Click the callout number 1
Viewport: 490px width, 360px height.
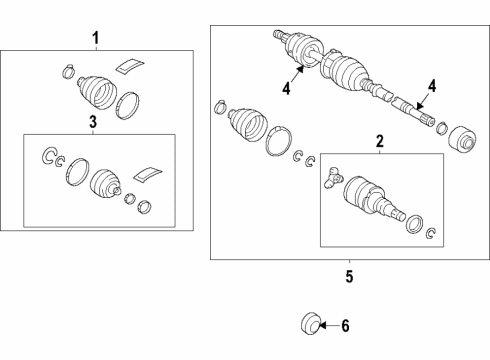click(96, 38)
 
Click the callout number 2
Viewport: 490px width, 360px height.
click(380, 141)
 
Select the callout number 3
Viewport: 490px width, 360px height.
click(93, 122)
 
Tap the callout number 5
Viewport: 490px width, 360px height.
click(349, 276)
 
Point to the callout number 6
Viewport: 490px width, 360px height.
click(345, 326)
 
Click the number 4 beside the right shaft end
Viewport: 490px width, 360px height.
click(432, 86)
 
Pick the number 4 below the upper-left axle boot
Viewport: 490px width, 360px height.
click(286, 88)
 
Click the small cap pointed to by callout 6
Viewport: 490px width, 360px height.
click(310, 323)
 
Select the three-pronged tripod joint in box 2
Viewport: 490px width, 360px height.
click(333, 178)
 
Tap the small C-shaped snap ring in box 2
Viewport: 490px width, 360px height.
click(431, 233)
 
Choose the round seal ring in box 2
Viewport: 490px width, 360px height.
click(415, 224)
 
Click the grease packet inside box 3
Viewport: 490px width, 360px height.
click(148, 175)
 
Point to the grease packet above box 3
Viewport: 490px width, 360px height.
click(130, 65)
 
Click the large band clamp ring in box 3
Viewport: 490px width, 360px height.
click(78, 171)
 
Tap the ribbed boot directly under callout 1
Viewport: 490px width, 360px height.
click(97, 92)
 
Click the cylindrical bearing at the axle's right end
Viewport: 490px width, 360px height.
click(462, 140)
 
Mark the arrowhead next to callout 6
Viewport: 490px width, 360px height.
click(323, 325)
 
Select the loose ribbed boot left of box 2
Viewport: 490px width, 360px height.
click(248, 124)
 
